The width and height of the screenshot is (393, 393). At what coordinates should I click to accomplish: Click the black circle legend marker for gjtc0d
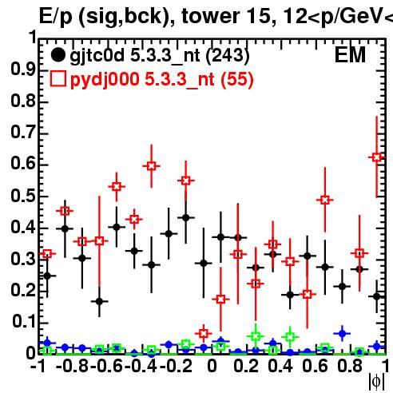(58, 55)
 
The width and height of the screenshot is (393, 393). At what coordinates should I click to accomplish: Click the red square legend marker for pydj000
(58, 79)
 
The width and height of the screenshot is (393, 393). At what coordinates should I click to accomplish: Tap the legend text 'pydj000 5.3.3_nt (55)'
(162, 80)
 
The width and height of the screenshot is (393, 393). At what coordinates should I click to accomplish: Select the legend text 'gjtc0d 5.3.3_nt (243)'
(160, 56)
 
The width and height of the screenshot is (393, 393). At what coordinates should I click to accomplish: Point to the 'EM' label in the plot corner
(350, 55)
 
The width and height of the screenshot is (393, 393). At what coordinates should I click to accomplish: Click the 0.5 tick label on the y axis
(23, 196)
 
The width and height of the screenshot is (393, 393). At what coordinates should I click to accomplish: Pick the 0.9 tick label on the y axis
(23, 69)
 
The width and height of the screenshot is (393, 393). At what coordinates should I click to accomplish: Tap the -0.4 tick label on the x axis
(141, 366)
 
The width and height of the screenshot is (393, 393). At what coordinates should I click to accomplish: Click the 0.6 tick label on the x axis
(316, 366)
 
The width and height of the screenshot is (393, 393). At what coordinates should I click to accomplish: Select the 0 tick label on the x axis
(212, 366)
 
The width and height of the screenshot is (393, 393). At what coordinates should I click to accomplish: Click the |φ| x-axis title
(376, 382)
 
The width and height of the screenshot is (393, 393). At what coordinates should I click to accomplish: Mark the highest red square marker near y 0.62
(376, 157)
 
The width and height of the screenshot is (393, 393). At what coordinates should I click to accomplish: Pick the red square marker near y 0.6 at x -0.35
(151, 166)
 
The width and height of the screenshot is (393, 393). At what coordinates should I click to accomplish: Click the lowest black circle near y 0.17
(99, 301)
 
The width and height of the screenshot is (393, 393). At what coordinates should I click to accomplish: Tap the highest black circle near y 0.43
(186, 217)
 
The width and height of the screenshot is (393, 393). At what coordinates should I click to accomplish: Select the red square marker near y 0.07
(204, 333)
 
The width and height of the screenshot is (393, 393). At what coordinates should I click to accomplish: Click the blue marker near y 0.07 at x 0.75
(342, 333)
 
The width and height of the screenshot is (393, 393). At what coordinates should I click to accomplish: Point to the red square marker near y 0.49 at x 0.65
(324, 200)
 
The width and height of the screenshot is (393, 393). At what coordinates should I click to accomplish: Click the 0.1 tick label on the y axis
(23, 322)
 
